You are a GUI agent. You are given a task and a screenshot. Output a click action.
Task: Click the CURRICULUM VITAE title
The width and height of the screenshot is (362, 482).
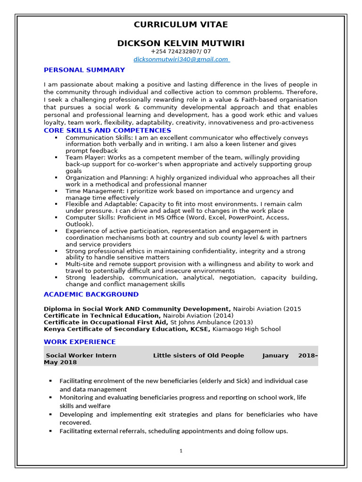point(181,24)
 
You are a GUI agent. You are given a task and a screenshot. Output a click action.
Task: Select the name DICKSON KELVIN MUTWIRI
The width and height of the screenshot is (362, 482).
point(181,43)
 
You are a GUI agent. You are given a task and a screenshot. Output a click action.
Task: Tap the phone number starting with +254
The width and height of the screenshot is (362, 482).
point(181,51)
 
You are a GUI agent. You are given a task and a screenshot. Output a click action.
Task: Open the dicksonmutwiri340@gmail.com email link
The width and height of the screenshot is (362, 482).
point(181,59)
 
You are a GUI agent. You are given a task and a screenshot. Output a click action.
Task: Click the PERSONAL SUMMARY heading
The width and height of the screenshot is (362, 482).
point(84,70)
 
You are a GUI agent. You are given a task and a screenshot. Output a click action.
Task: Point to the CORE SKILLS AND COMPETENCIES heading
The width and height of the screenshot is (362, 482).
point(107,130)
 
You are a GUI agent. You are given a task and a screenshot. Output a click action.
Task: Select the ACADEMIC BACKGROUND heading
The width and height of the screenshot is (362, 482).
point(91,294)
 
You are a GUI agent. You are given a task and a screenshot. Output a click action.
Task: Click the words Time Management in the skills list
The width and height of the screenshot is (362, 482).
point(94,191)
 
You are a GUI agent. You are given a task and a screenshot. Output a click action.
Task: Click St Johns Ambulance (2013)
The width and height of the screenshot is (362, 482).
point(211,322)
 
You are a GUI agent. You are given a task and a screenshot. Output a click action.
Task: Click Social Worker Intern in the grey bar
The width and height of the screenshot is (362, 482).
point(81,355)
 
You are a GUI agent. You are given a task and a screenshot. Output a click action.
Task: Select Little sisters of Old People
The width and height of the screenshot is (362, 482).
point(198,355)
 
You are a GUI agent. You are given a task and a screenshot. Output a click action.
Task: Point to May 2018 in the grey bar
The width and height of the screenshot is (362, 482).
point(60,362)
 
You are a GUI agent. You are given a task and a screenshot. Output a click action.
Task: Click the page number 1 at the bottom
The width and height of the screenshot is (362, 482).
point(181,451)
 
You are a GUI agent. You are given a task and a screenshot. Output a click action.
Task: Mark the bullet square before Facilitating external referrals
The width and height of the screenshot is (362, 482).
point(50,431)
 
